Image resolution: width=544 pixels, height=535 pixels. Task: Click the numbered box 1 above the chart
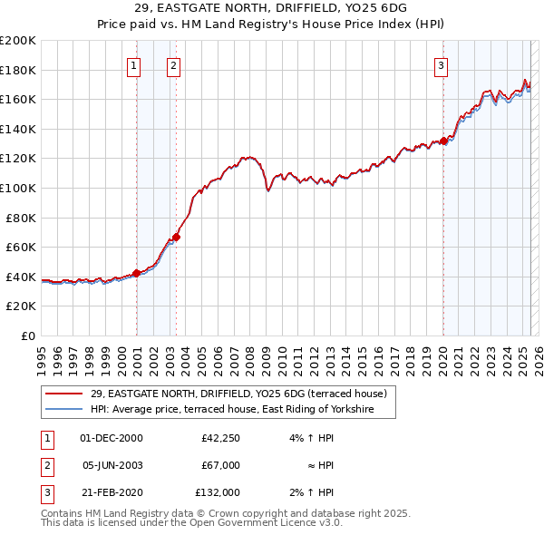point(133,64)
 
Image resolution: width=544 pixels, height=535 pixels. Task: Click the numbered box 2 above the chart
point(172,64)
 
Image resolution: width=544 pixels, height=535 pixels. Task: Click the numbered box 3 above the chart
point(441,64)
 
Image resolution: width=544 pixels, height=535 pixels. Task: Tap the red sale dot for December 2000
point(136,273)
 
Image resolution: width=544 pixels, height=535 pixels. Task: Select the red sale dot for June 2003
point(176,238)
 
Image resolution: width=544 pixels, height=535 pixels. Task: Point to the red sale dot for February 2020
point(443,141)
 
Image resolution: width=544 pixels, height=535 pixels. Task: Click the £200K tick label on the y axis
point(18,41)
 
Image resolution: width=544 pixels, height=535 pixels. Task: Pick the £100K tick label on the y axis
point(18,188)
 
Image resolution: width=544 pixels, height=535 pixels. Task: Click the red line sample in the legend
point(63,394)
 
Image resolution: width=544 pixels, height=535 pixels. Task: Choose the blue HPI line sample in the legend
point(63,409)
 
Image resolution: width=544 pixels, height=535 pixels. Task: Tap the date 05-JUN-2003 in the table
point(112,465)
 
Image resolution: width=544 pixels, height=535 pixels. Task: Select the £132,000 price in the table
point(218,492)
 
